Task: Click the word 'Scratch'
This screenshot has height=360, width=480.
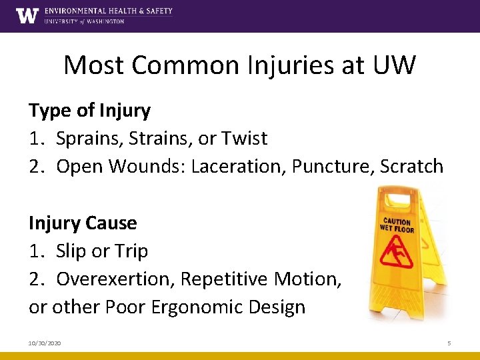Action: click(411, 166)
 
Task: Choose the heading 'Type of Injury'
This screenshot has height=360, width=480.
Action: click(89, 111)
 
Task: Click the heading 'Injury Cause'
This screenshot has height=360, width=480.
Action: click(83, 223)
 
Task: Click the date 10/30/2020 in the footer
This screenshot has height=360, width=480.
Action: click(45, 343)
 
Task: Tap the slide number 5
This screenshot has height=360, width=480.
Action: click(449, 343)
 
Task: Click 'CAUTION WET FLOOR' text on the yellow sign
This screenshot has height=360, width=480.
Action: click(397, 225)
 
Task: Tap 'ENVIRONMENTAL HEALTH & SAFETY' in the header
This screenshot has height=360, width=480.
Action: click(108, 11)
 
